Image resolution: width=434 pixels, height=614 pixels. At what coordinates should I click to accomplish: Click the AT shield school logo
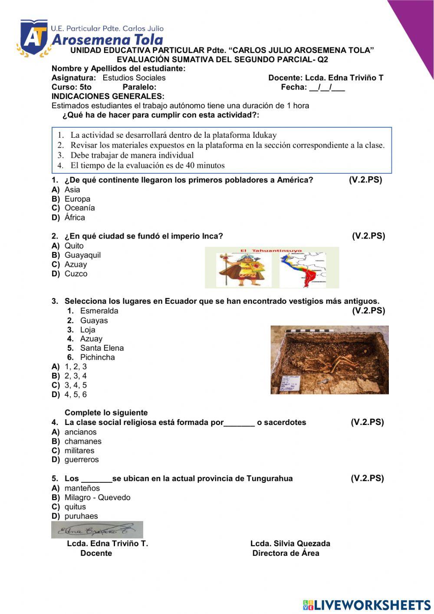pos(33,38)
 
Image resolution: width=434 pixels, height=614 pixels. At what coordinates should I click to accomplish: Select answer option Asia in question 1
pos(72,189)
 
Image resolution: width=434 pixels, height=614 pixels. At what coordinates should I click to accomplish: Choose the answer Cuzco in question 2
pos(76,274)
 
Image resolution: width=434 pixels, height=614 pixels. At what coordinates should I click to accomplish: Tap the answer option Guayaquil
pos(82,255)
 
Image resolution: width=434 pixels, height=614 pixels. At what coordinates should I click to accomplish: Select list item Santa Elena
pos(102,348)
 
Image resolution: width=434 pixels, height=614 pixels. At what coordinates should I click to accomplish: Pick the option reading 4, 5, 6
pos(76,395)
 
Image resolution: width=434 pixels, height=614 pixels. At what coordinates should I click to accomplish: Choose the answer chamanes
pos(83,441)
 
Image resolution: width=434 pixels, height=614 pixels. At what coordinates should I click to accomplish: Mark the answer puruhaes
pos(81,516)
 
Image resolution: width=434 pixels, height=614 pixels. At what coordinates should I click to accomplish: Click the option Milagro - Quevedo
pos(97,498)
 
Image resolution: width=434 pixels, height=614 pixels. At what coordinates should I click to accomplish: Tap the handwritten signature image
pos(97,530)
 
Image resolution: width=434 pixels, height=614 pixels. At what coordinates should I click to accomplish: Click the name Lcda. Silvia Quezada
pos(290,544)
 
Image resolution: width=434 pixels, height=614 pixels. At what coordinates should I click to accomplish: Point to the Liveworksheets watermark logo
pos(367,605)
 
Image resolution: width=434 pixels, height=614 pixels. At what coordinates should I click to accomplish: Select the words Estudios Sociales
pos(134,78)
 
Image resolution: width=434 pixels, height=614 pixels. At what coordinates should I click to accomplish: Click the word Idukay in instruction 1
pos(264,135)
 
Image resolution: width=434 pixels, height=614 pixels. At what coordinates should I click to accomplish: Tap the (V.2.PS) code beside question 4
pos(367,422)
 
